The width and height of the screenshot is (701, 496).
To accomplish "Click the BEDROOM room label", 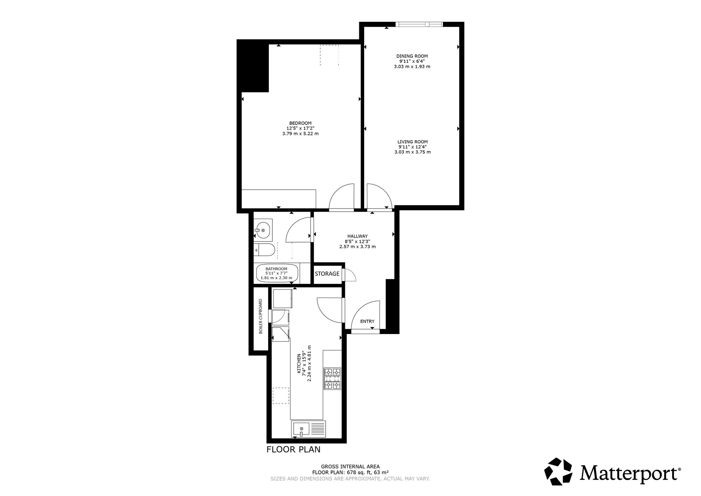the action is tap(300, 123).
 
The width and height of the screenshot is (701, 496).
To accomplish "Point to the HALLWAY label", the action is tap(358, 236).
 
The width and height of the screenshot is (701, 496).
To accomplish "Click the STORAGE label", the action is tap(327, 274).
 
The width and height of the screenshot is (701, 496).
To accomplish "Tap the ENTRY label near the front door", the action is tap(367, 321).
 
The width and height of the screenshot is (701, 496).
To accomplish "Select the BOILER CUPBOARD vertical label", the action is tap(261, 316).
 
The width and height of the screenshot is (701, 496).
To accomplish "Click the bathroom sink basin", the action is tap(263, 230).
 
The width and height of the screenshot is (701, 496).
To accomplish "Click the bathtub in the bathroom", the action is tap(277, 273).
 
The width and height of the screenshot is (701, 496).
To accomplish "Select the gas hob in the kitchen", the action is tap(332, 379).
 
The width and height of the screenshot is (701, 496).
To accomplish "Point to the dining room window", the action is tap(419, 24).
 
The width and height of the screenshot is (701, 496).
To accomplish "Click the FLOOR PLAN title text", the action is tap(293, 449).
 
